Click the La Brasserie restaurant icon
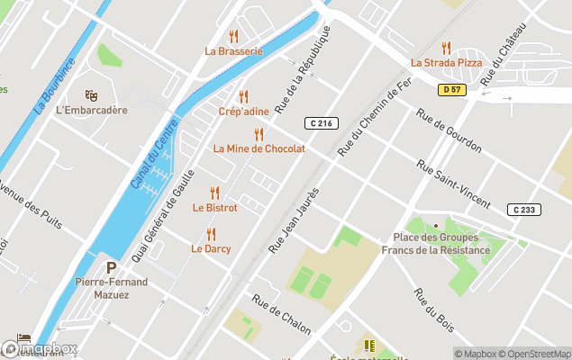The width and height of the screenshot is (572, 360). (233, 37)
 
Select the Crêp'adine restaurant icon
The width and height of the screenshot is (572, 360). (242, 96)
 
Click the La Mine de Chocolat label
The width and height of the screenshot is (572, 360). (259, 148)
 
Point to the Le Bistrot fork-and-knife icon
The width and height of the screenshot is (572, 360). (214, 193)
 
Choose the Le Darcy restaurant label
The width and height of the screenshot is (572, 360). (211, 248)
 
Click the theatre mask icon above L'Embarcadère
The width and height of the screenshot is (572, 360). (91, 95)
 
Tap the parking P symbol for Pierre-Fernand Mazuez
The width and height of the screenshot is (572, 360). (112, 267)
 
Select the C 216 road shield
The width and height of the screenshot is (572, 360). (320, 122)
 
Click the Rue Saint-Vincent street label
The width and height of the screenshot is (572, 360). (454, 184)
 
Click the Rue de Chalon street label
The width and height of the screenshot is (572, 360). (281, 313)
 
